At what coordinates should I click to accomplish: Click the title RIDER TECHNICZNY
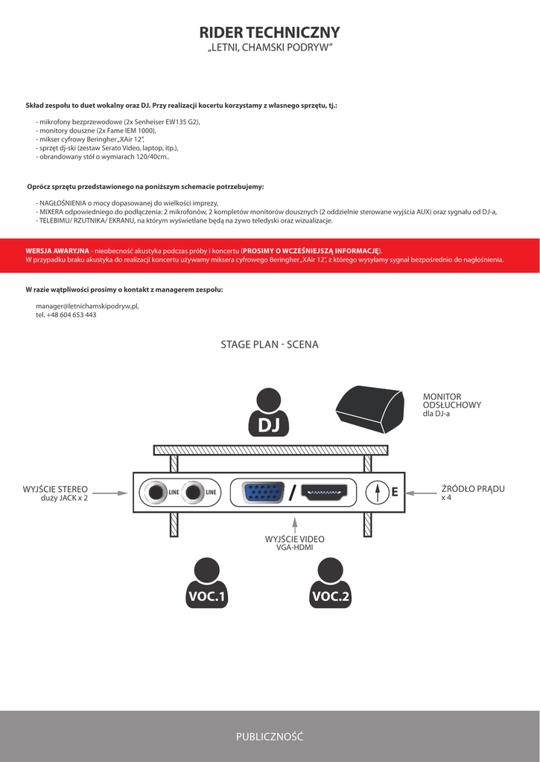coord(270,32)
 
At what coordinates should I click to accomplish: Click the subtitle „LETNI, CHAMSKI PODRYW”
coord(270,48)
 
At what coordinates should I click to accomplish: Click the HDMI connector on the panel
coord(324,492)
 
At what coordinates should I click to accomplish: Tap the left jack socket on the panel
coord(156,492)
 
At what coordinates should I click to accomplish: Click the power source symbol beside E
coord(378,492)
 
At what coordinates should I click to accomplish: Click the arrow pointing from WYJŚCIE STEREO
coord(111,492)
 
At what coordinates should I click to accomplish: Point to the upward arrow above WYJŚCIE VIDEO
coord(295,524)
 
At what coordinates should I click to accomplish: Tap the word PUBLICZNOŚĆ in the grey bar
coord(270,737)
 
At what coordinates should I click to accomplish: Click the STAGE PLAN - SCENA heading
coord(270,345)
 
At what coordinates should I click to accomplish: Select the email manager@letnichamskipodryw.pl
coord(87,306)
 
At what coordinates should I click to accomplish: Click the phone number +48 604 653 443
coord(71,315)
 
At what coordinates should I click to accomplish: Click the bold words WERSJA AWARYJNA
coord(57,251)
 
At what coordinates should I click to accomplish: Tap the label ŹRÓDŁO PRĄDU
coord(473,489)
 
